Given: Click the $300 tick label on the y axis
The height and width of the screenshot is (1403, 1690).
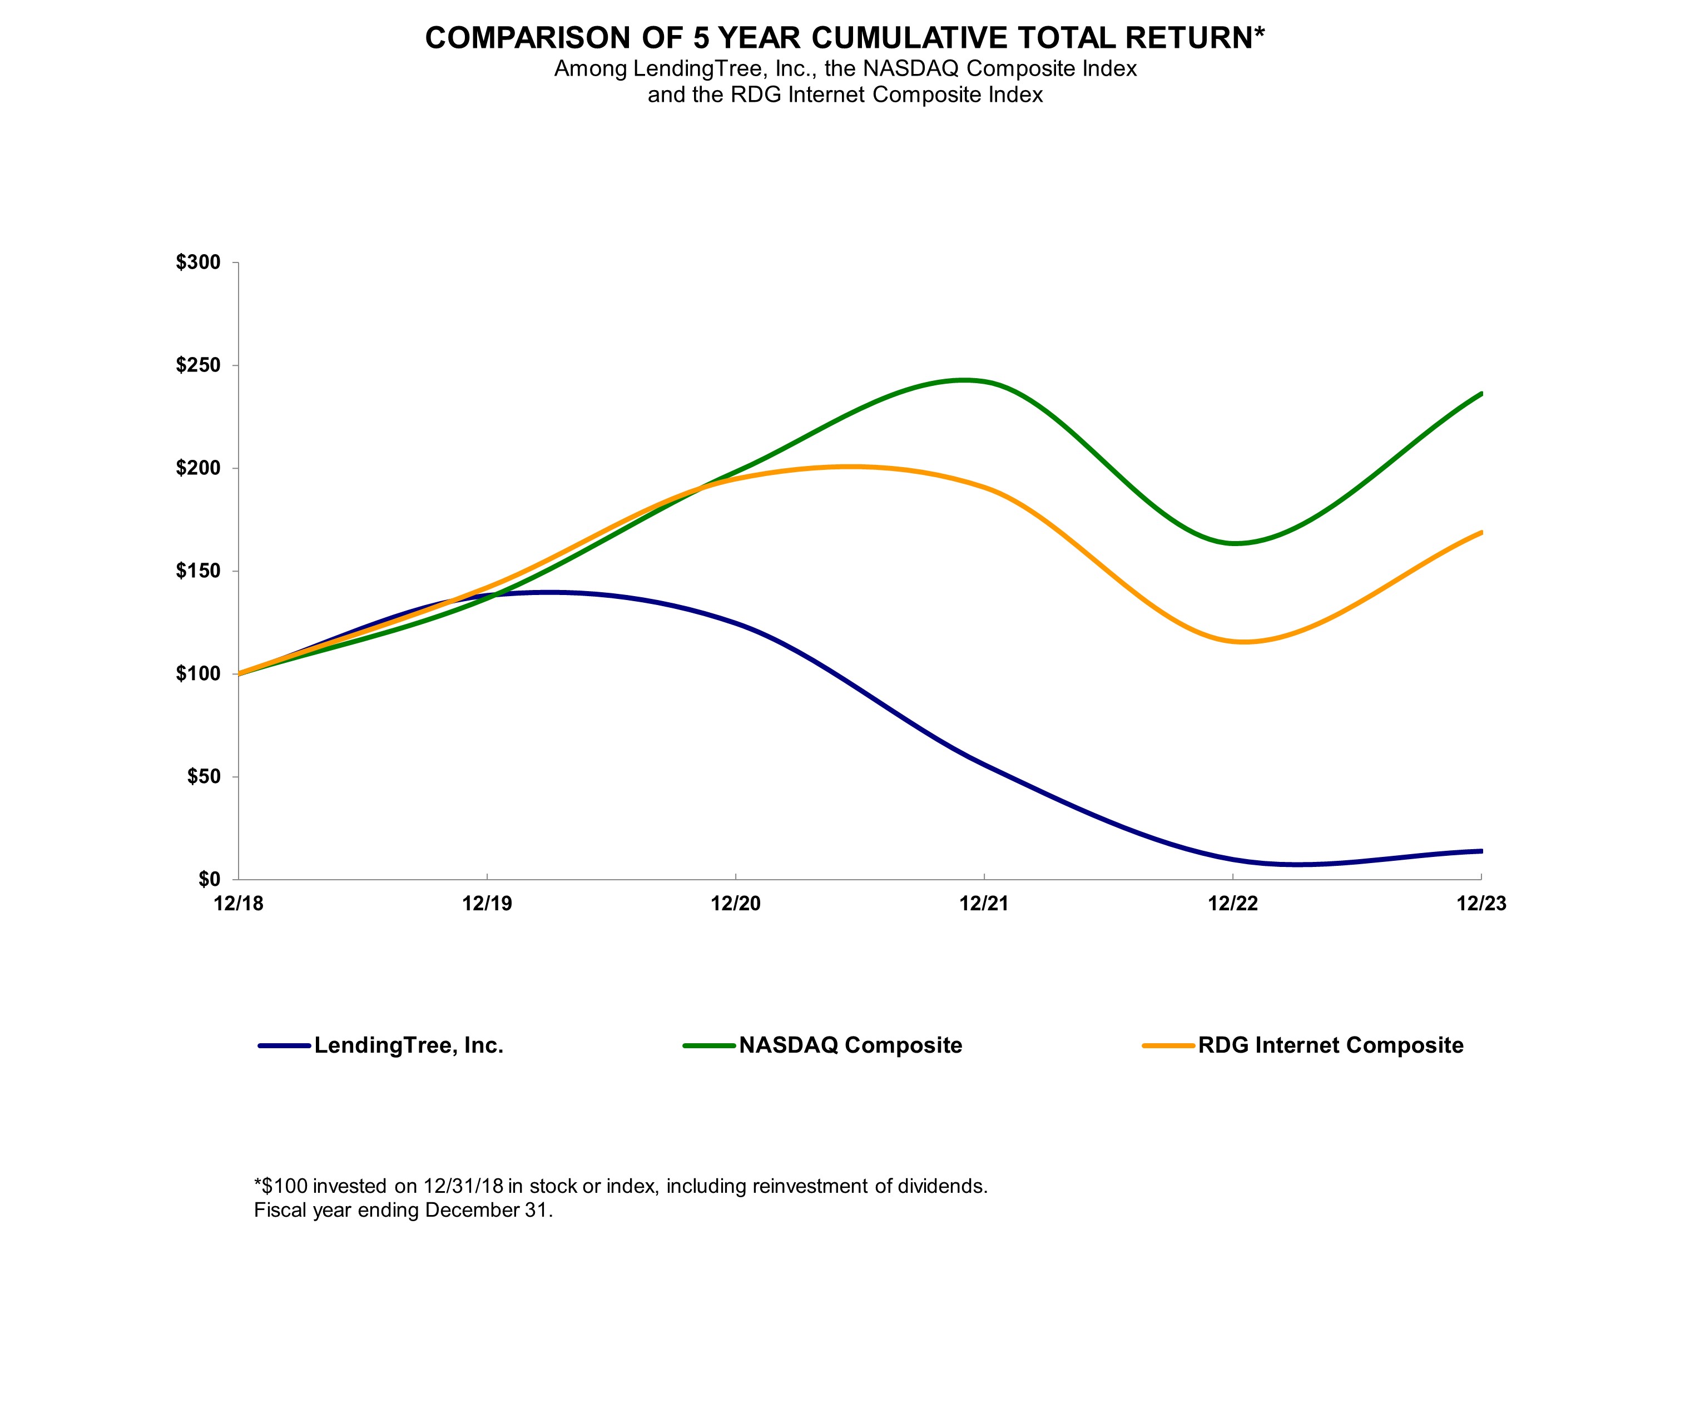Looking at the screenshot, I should coord(198,262).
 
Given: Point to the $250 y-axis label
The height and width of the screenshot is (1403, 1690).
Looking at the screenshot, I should coord(198,365).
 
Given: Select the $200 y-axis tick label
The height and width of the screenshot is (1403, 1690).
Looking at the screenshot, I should coord(198,468).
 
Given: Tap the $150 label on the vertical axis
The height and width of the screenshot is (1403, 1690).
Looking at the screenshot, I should coord(198,572).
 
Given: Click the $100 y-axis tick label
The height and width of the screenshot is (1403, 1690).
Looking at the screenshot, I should coord(198,674).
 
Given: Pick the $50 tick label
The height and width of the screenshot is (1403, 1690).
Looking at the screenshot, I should coord(203,777).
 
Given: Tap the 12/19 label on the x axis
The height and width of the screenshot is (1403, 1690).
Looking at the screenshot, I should coord(487,904).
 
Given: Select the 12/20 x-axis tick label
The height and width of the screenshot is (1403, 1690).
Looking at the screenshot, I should coord(736,904).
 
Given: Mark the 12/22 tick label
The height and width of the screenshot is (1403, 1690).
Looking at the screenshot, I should coord(1232,904).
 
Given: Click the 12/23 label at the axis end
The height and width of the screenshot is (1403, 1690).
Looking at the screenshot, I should coord(1481,904).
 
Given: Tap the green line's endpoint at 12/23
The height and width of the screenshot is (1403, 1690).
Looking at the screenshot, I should coord(1481,394).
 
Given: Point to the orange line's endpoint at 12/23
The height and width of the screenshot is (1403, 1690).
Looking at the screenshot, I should coord(1481,532).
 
